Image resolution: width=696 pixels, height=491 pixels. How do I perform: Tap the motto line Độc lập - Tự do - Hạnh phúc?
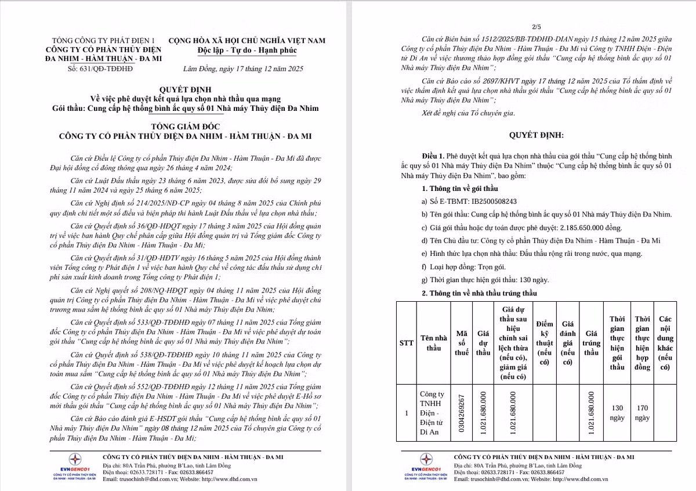[x=247, y=50]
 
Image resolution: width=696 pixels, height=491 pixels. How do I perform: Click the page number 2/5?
[x=535, y=27]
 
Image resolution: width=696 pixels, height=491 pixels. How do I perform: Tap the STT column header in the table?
[x=406, y=343]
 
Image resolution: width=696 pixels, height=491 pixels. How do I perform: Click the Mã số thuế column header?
[x=462, y=343]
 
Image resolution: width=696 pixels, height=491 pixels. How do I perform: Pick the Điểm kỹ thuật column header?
[x=545, y=343]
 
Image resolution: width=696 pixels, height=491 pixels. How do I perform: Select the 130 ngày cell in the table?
[x=617, y=413]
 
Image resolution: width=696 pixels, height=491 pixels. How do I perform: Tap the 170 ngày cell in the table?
[x=642, y=413]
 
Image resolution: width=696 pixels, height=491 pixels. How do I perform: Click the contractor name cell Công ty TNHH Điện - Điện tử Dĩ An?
[x=434, y=413]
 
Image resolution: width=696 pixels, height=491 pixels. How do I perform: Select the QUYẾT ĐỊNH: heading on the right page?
[x=536, y=135]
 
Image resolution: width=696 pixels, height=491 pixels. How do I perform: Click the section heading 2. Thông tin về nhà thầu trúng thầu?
[x=480, y=293]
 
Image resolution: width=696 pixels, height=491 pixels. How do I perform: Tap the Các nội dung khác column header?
[x=665, y=343]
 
